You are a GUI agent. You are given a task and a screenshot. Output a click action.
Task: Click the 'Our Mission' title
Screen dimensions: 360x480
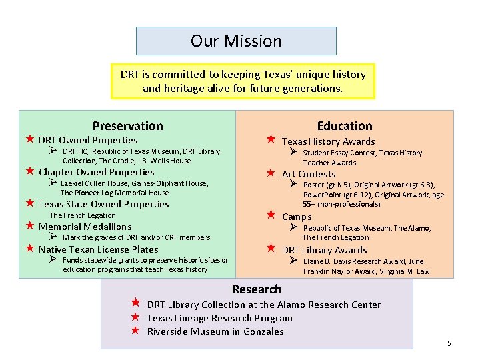pos(236,41)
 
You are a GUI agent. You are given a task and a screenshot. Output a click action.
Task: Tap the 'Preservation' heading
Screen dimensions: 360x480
pos(127,126)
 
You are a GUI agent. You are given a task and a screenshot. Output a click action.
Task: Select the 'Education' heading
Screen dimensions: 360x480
pos(345,126)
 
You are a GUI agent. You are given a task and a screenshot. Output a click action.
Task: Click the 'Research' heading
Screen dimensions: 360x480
pos(257,289)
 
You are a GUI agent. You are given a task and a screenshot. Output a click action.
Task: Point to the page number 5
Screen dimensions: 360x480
pos(449,343)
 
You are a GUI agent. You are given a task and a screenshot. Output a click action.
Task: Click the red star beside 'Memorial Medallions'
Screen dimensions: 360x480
pos(29,227)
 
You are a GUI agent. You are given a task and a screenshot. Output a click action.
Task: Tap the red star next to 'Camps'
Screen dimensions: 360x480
pos(271,215)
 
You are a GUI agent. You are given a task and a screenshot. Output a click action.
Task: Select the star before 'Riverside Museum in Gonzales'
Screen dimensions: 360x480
pos(135,331)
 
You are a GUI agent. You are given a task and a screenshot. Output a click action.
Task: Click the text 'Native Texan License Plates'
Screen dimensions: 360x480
pos(99,249)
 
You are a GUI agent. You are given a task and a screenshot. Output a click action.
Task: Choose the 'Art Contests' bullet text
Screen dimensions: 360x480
pos(308,174)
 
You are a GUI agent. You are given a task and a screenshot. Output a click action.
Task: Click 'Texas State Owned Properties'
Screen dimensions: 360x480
pos(103,204)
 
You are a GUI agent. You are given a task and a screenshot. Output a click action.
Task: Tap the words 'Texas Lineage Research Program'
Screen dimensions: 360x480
pos(219,318)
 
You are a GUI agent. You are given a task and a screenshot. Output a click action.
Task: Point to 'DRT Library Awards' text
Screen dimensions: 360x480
pos(324,250)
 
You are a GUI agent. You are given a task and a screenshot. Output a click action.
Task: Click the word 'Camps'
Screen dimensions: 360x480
pos(297,217)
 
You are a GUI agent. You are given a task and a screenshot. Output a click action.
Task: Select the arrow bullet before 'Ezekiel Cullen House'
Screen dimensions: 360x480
pos(53,183)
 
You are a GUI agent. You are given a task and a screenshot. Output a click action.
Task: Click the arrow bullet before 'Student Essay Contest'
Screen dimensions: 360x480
pos(293,153)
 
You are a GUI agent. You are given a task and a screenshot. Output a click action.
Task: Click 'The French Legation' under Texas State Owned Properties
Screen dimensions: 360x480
pos(83,215)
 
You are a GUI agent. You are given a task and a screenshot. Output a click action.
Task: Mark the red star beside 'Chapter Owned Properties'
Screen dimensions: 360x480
pos(29,171)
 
